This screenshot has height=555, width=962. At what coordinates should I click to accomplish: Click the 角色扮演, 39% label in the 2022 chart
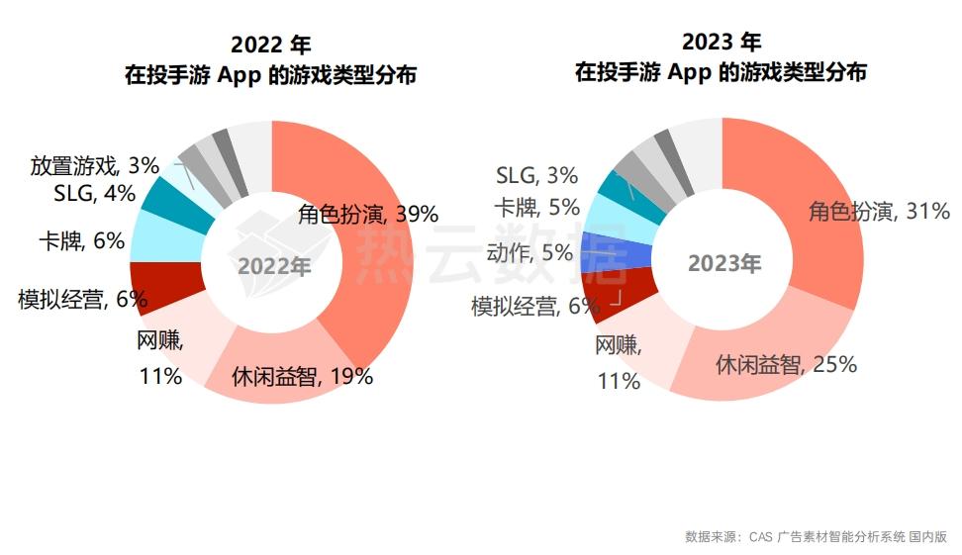[x=367, y=215]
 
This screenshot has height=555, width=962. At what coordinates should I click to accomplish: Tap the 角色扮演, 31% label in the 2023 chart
[x=879, y=211]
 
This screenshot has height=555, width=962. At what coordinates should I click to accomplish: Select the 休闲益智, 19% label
[x=302, y=376]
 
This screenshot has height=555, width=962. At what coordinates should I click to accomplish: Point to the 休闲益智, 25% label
[x=786, y=364]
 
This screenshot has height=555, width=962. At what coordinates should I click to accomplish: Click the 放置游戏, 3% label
[x=95, y=165]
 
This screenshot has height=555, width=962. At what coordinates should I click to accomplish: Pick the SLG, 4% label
[x=94, y=193]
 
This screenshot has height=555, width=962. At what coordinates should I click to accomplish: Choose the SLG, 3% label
[x=536, y=176]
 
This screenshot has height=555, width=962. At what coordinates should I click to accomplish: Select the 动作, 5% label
[x=529, y=253]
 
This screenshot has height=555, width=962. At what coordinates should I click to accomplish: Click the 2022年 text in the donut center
[x=274, y=265]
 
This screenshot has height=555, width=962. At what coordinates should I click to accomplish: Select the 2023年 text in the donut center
[x=724, y=264]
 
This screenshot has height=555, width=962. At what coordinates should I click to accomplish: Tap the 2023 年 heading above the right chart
[x=721, y=42]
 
